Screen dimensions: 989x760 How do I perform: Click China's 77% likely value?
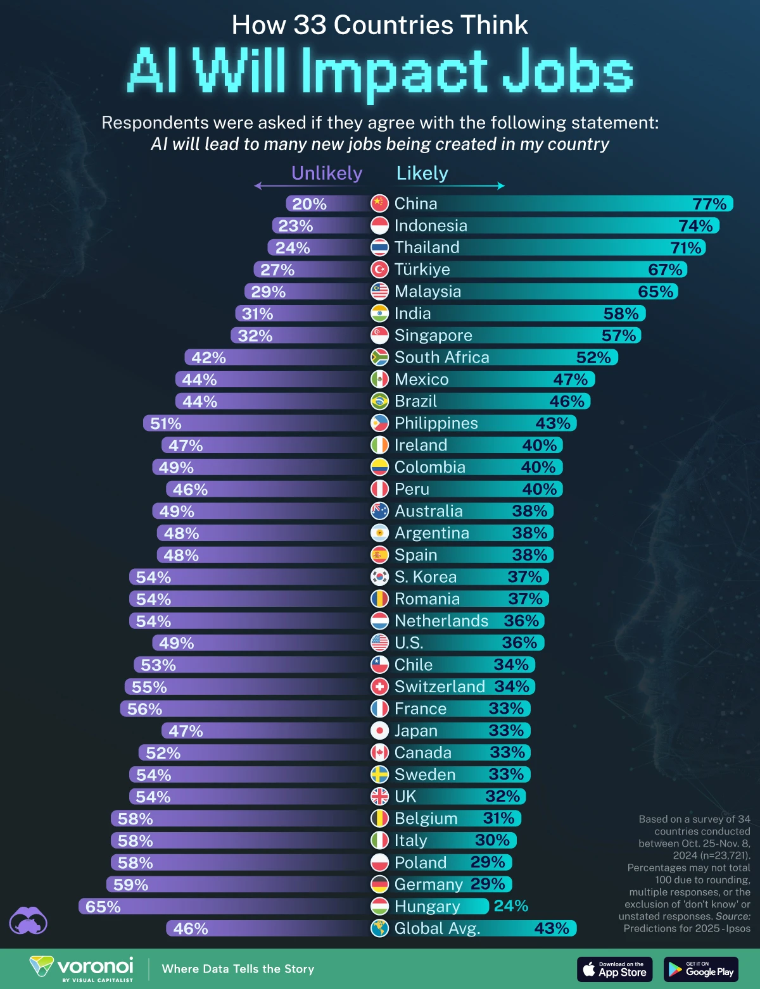[x=709, y=204]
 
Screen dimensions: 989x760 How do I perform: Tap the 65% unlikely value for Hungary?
[x=103, y=907]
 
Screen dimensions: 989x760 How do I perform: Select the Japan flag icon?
[x=379, y=731]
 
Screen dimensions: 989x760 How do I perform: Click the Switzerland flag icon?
[x=379, y=687]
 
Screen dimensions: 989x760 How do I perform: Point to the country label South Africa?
[x=441, y=358]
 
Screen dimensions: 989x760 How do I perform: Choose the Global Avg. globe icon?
[x=379, y=928]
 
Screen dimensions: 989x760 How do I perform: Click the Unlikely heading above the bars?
[x=326, y=173]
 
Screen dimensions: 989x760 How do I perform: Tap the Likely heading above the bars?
[x=422, y=173]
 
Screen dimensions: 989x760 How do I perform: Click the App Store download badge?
[x=614, y=969]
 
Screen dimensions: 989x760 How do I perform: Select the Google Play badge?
[x=700, y=969]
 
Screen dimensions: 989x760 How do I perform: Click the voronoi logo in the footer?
[x=82, y=969]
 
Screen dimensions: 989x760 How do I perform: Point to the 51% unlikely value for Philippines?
[x=165, y=423]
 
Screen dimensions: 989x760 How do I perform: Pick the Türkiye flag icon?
[x=379, y=270]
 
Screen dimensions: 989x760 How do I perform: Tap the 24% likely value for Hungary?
[x=510, y=906]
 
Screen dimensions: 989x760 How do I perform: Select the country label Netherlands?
[x=441, y=621]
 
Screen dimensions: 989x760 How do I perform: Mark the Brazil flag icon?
[x=379, y=401]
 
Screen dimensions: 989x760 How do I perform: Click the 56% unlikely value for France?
[x=144, y=709]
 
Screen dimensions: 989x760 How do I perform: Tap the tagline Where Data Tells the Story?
[x=238, y=969]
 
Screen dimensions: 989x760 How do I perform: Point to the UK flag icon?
[x=379, y=797]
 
